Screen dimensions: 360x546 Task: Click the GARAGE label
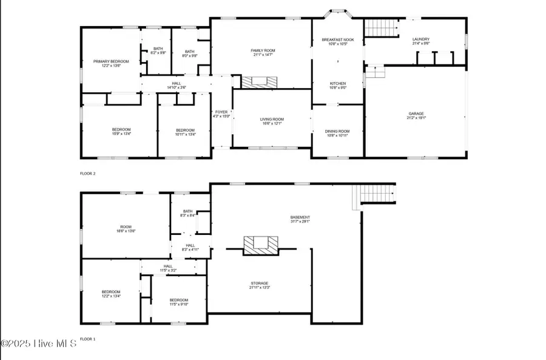coord(416,116)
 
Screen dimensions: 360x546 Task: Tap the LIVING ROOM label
coord(272,121)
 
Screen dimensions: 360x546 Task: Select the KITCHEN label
coord(338,85)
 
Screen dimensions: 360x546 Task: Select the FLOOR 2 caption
coord(88,174)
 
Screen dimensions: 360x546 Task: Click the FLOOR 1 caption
coord(88,339)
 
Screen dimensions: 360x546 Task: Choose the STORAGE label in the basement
coord(260,285)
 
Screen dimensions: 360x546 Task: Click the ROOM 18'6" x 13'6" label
coord(126,228)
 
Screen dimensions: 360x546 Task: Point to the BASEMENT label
coord(300,219)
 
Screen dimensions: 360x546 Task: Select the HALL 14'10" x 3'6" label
coord(176,86)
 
